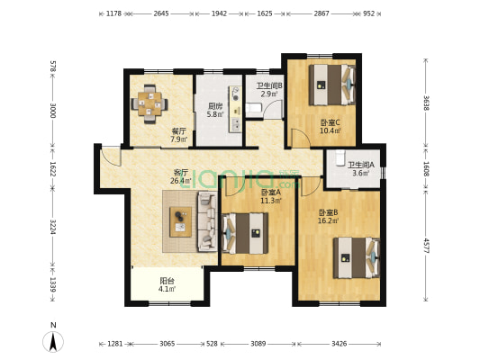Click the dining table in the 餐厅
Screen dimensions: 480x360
pos(149,104)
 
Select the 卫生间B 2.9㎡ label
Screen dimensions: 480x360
pos(269,90)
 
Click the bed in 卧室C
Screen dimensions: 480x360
pos(331,85)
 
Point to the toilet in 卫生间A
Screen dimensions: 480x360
pos(340,157)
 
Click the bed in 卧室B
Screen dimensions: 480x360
pos(357,257)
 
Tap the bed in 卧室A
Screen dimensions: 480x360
pos(245,233)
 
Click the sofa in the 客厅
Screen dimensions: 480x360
pos(207,221)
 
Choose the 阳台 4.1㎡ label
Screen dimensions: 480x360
pos(168,284)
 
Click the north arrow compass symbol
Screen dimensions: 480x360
pos(53,339)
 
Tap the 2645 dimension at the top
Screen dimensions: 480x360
pos(161,13)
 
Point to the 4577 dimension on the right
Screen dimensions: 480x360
pos(427,245)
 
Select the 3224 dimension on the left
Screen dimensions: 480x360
pos(52,227)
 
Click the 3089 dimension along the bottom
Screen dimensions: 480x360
pos(258,344)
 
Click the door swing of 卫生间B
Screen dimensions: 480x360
pos(274,110)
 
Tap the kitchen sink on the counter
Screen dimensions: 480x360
pos(236,124)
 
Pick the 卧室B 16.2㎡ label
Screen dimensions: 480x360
pos(328,216)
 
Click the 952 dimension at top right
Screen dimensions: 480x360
pos(369,13)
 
